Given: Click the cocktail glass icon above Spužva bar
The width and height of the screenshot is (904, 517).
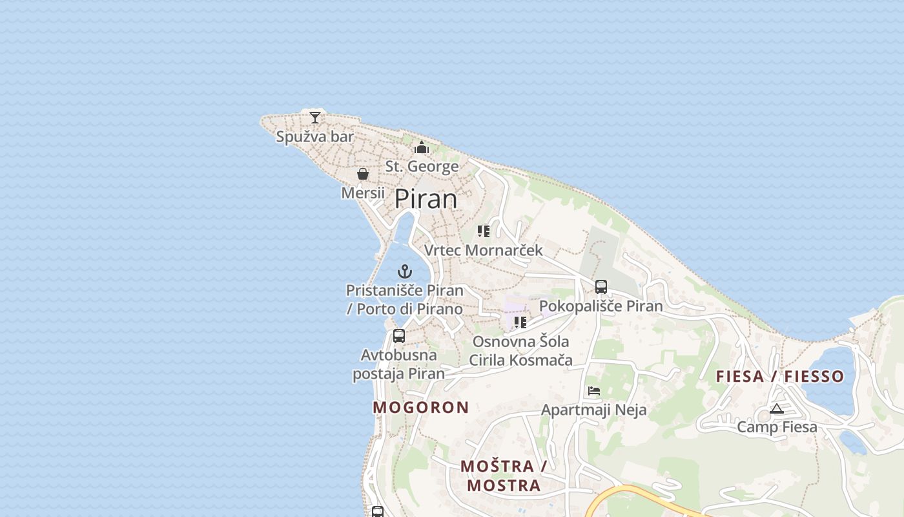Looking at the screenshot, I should [x=314, y=117].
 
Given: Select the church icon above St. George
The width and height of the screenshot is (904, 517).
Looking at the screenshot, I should [x=422, y=147].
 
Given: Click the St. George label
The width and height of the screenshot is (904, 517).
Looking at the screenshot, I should [x=422, y=167].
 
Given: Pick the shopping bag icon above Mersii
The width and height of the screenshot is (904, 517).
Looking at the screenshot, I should [x=363, y=174].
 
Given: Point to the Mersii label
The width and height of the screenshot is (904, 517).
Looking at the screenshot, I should [x=363, y=193].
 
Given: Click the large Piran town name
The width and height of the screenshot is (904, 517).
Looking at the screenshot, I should [x=426, y=199].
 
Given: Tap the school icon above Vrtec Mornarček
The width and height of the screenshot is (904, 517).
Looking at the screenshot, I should [x=484, y=231].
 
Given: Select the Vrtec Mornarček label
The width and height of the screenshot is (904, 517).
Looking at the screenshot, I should [x=484, y=250].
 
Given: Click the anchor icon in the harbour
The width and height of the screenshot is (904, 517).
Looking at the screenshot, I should [x=405, y=271].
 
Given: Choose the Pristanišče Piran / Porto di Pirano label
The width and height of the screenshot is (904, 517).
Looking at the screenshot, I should [x=405, y=299].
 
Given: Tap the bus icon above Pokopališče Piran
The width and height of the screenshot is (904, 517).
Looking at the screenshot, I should [x=601, y=286].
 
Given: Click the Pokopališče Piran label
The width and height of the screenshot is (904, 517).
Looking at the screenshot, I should [x=601, y=306].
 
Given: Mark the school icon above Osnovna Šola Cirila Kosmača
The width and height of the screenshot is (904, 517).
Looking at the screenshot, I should [x=520, y=322].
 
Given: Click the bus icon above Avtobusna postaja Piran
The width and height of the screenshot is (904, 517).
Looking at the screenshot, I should [x=399, y=336].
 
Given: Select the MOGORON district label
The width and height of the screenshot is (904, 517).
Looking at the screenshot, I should [x=420, y=407].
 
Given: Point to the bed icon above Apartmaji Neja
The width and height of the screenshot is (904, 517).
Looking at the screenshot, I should [x=594, y=390].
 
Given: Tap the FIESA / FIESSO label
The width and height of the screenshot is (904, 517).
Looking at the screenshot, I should [x=780, y=376].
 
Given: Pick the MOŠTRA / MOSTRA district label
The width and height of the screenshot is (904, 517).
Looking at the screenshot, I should [x=504, y=476].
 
